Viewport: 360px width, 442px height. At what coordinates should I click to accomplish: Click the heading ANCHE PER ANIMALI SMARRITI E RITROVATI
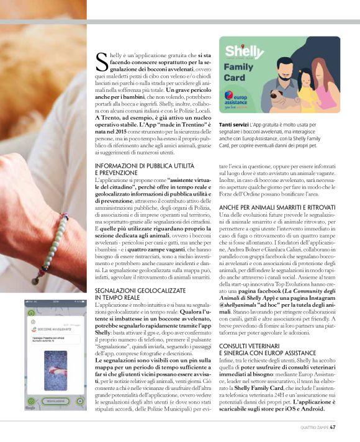point(277,206)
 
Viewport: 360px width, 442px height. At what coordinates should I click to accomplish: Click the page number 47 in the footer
point(333,426)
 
